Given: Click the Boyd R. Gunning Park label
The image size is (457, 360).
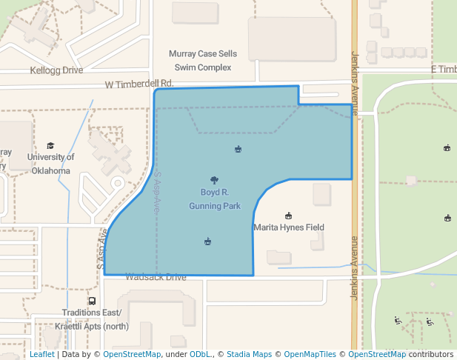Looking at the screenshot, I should click(x=214, y=199).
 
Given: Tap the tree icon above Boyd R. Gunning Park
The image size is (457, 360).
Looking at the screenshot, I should click(x=214, y=180).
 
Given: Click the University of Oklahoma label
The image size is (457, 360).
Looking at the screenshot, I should click(x=50, y=164).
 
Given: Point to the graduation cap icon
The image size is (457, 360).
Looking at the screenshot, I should click(x=50, y=146).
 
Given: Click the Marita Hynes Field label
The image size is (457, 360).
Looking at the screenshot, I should click(x=289, y=227).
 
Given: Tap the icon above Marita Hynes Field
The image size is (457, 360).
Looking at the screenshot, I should click(x=288, y=216).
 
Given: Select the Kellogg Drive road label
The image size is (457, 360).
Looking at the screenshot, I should click(x=56, y=70).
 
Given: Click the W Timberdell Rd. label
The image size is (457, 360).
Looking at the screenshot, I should click(x=139, y=84).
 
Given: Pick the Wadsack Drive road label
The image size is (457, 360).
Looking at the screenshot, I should click(x=156, y=277).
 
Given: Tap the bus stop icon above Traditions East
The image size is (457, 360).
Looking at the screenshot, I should click(x=92, y=301).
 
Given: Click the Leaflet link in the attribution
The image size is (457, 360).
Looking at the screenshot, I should click(x=41, y=354).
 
